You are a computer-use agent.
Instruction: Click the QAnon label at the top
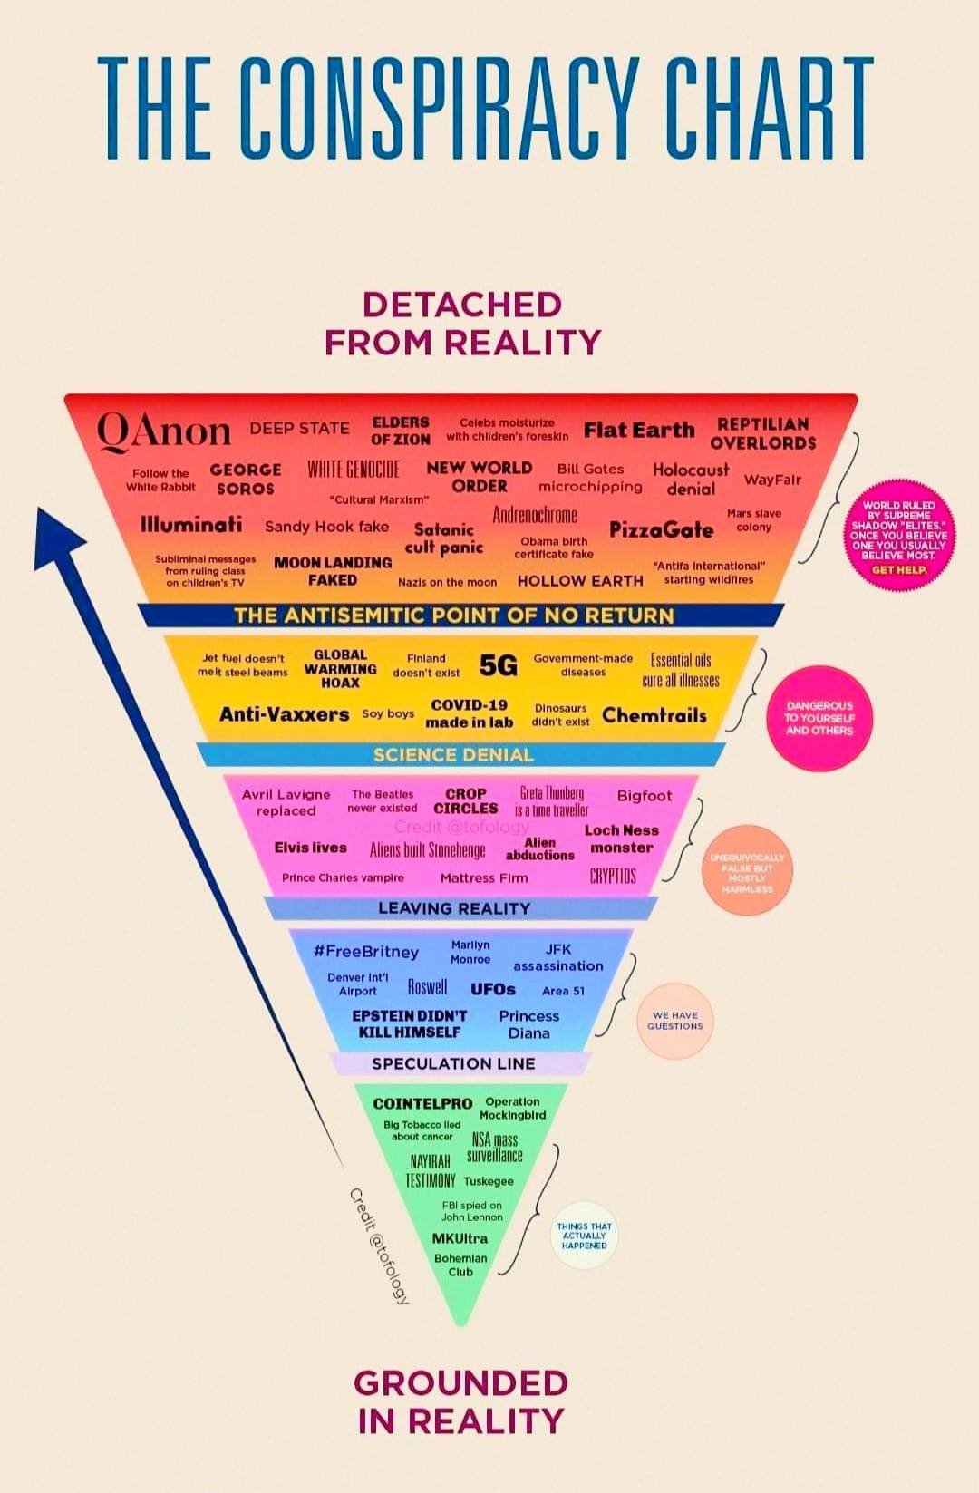click(x=164, y=431)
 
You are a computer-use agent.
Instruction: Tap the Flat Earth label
click(x=639, y=430)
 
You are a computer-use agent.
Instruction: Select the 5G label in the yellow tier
click(x=498, y=666)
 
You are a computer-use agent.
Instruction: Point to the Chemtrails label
click(x=654, y=715)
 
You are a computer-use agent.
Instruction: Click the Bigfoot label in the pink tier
click(x=645, y=796)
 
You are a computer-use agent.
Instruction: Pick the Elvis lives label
click(x=310, y=848)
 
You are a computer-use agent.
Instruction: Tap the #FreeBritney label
click(x=366, y=952)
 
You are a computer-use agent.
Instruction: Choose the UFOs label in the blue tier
click(x=493, y=989)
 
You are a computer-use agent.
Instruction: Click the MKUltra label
click(x=460, y=1238)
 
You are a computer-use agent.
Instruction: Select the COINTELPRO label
click(x=422, y=1103)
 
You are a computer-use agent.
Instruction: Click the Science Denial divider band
click(x=453, y=754)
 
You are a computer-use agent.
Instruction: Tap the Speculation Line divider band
click(x=453, y=1063)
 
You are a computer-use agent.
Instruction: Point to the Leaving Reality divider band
click(x=453, y=908)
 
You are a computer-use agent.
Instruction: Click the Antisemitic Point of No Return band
click(x=453, y=616)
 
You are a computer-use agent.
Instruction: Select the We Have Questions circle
click(x=675, y=1021)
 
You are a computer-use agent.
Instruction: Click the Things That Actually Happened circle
click(x=584, y=1236)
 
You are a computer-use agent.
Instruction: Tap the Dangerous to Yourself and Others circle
click(x=819, y=718)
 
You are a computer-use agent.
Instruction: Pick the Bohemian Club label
click(x=460, y=1265)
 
